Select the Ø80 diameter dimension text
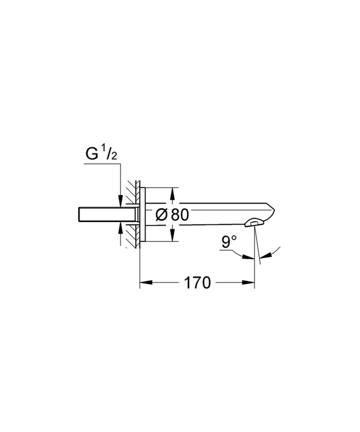(x=171, y=215)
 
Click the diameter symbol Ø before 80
(x=160, y=215)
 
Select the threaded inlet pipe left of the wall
(x=99, y=215)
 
